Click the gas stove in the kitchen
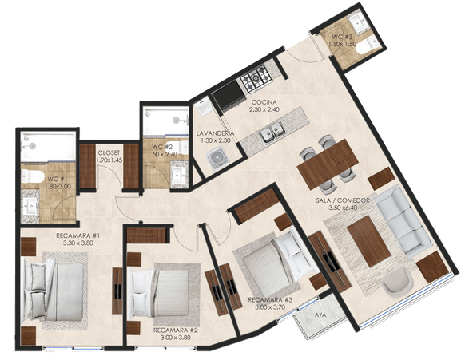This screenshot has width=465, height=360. click(256, 77)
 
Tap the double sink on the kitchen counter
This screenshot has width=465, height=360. click(272, 132)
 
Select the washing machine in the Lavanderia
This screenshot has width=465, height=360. click(218, 159)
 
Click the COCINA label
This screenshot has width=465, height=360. click(264, 102)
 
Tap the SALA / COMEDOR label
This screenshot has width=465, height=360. click(343, 200)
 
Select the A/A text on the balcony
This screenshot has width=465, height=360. click(320, 315)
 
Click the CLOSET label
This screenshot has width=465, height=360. click(109, 153)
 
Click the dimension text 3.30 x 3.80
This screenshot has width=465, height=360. click(78, 243)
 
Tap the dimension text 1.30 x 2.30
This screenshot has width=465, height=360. click(216, 140)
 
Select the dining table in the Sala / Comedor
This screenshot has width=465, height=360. click(328, 164)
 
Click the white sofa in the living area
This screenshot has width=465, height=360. click(404, 221)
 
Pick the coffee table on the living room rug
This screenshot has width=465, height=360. click(368, 241)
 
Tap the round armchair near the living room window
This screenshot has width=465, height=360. click(398, 283)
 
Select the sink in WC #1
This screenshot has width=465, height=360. click(30, 206)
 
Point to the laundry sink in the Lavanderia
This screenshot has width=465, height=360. click(203, 107)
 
